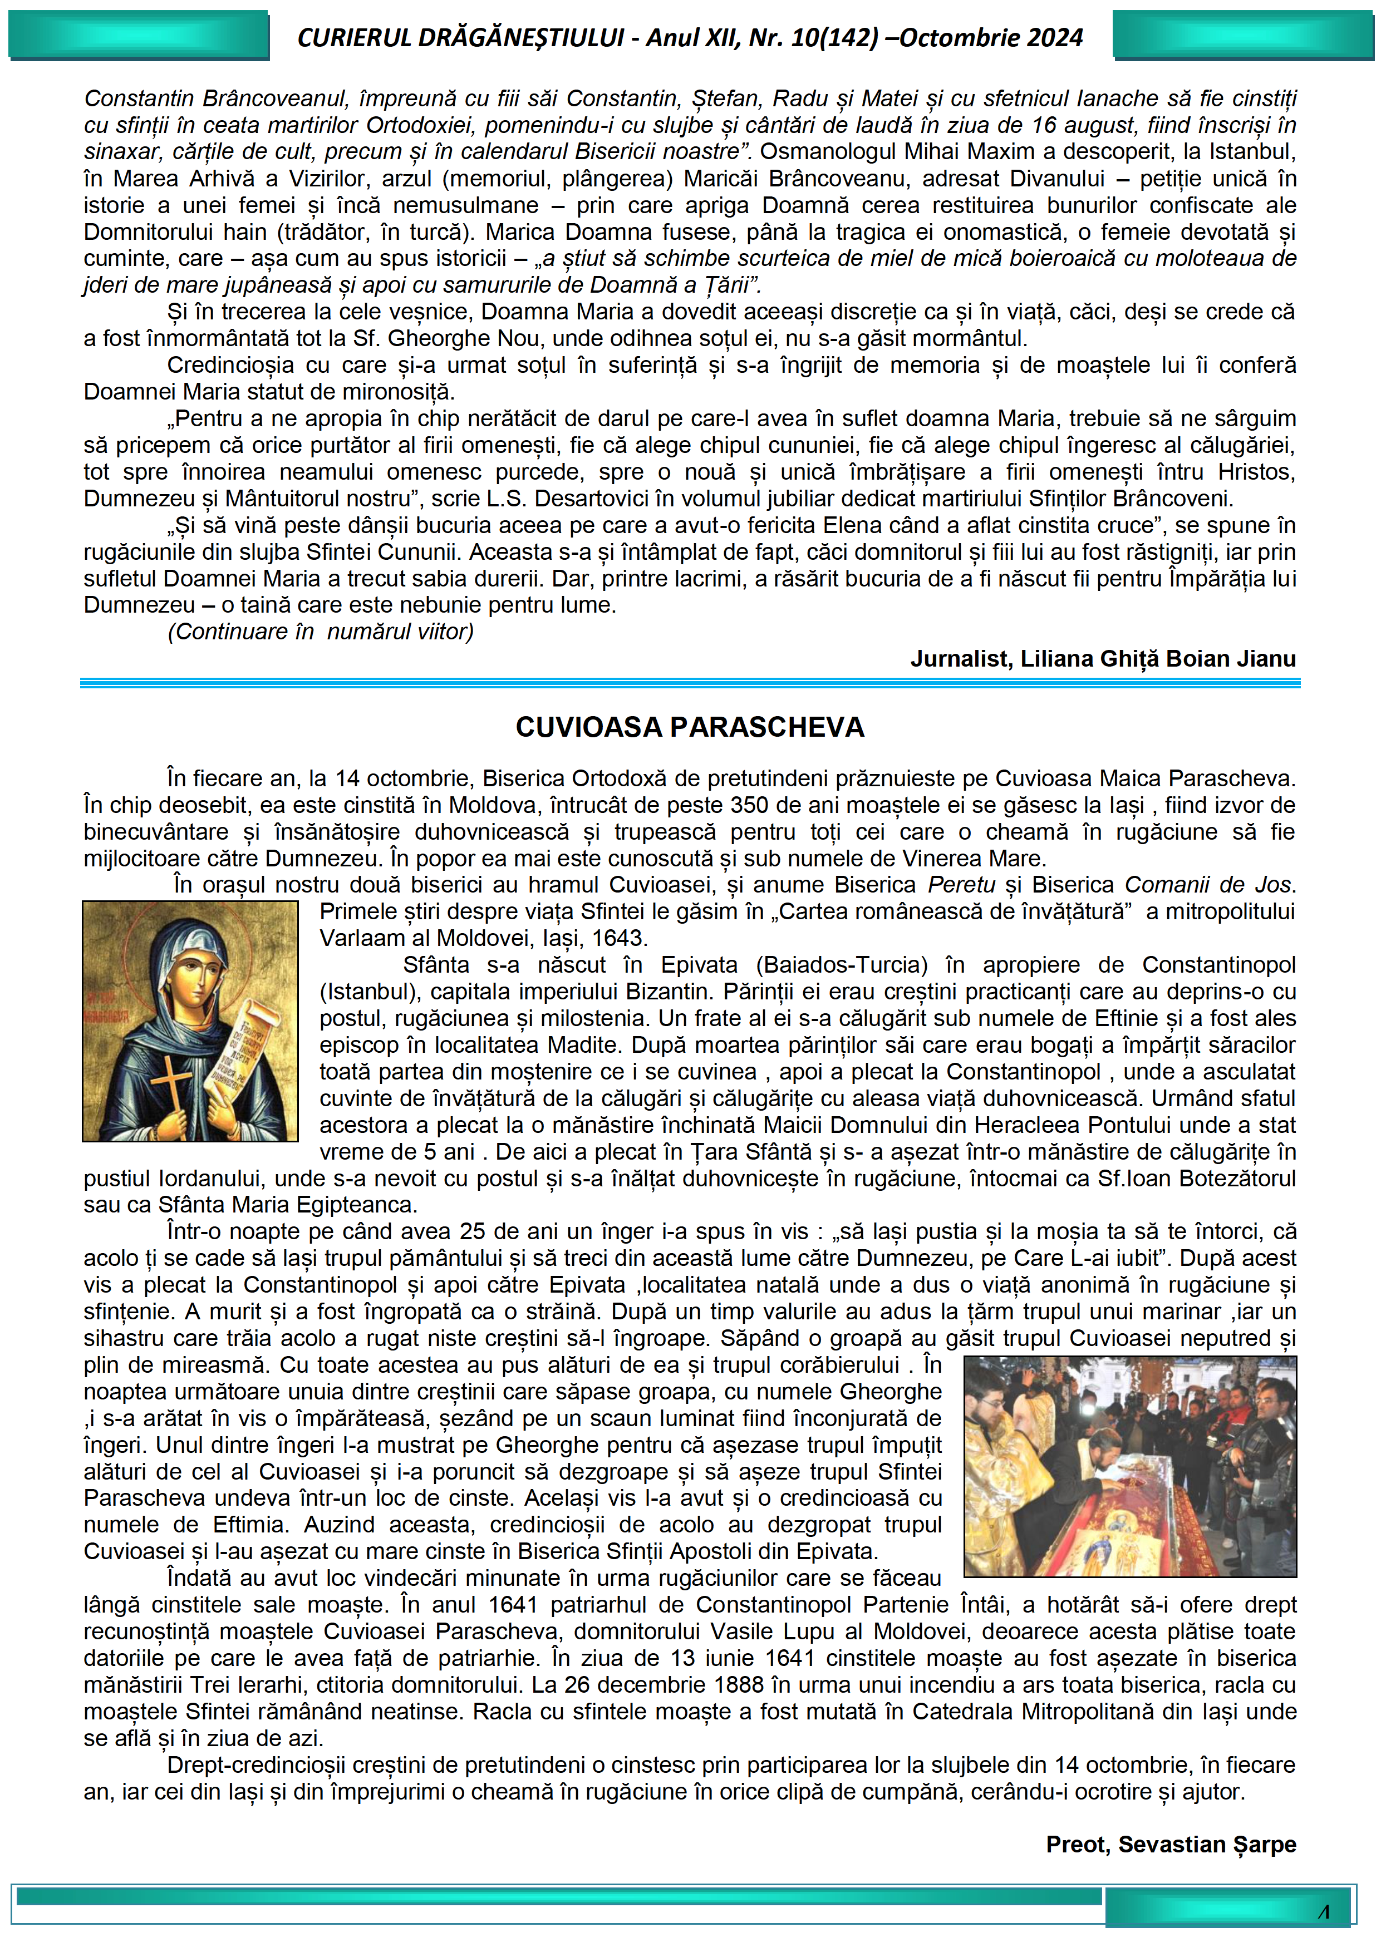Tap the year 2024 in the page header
[x=1053, y=37]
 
